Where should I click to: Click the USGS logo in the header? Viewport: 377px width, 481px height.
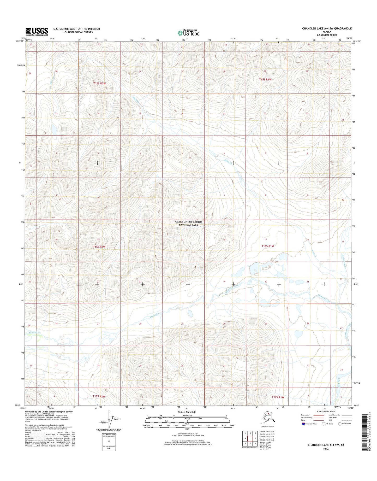pos(37,31)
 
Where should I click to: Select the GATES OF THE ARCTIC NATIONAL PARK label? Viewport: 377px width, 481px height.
pos(188,223)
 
